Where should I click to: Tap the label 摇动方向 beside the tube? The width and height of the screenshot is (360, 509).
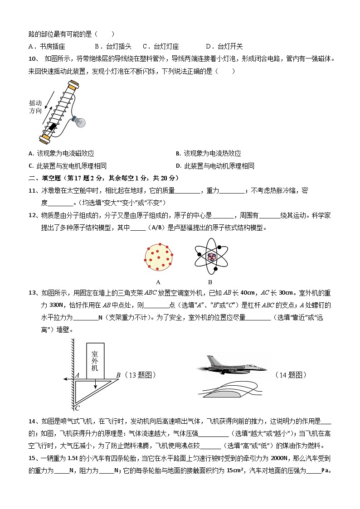[35, 107]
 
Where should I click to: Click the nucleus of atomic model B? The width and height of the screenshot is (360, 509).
[211, 257]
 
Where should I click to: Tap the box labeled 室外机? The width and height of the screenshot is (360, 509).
[95, 361]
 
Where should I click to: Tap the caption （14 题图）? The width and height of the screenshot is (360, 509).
[291, 375]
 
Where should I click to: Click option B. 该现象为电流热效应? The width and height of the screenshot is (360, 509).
[208, 154]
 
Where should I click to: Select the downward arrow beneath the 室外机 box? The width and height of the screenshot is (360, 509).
[96, 384]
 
